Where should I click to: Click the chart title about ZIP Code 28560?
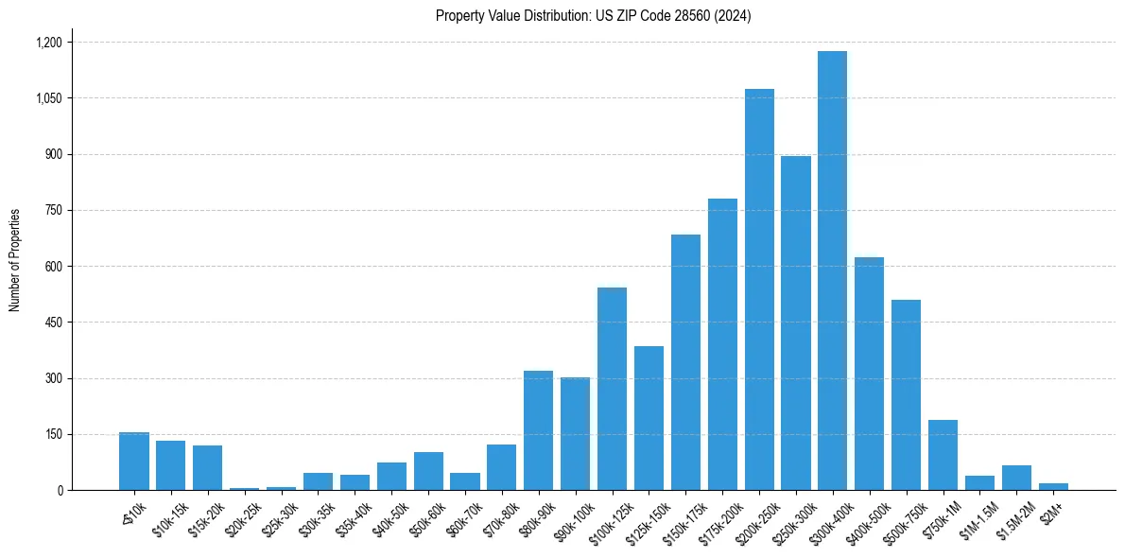[593, 16]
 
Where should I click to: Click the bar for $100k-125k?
[612, 389]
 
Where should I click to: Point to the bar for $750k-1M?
[943, 455]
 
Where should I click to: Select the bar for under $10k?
[134, 462]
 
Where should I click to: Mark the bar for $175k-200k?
[722, 344]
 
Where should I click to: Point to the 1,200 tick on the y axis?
[48, 43]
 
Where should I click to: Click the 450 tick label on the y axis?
[53, 323]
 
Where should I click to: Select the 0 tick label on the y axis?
[60, 491]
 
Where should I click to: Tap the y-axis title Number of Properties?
[15, 260]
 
